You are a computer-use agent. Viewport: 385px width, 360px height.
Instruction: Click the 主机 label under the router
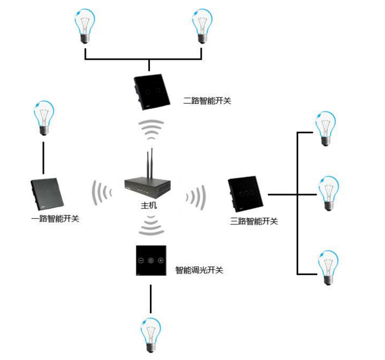149,206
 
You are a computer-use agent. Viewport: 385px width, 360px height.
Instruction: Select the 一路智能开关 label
55,219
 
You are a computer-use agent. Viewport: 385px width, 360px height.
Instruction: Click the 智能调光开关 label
199,270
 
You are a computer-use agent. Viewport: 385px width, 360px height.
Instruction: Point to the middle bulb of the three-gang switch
328,192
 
